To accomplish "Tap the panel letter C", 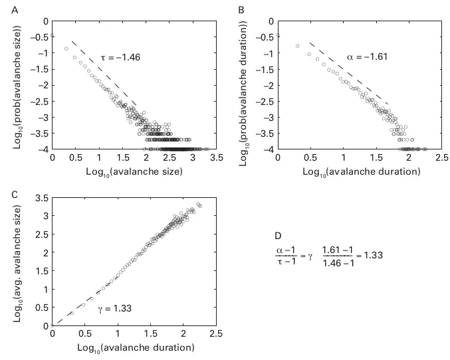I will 6,194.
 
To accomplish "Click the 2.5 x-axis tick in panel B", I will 441,159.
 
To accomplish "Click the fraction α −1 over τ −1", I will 288,255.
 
